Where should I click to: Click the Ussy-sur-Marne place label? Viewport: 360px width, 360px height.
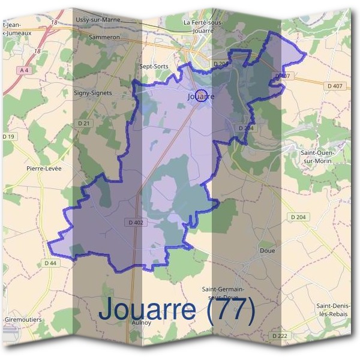point(98,20)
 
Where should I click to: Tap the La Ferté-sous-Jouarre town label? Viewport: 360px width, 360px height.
point(206,26)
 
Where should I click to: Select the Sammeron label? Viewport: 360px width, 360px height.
point(104,37)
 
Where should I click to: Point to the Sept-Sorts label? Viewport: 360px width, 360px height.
point(154,67)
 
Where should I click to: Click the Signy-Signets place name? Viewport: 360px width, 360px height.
point(93,93)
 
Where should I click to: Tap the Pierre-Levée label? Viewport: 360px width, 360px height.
point(44,169)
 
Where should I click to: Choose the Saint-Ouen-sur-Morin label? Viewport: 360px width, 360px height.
point(317,157)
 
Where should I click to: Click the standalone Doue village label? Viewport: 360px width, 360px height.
point(268,250)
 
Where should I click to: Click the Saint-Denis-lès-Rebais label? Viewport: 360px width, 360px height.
point(334,310)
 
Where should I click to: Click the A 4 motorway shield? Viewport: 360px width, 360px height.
point(24,71)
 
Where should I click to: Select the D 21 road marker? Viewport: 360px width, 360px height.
point(83,123)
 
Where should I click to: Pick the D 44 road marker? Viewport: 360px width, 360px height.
point(50,263)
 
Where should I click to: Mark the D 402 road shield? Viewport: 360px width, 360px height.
point(136,222)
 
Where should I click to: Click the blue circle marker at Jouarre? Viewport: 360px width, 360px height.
point(202,95)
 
